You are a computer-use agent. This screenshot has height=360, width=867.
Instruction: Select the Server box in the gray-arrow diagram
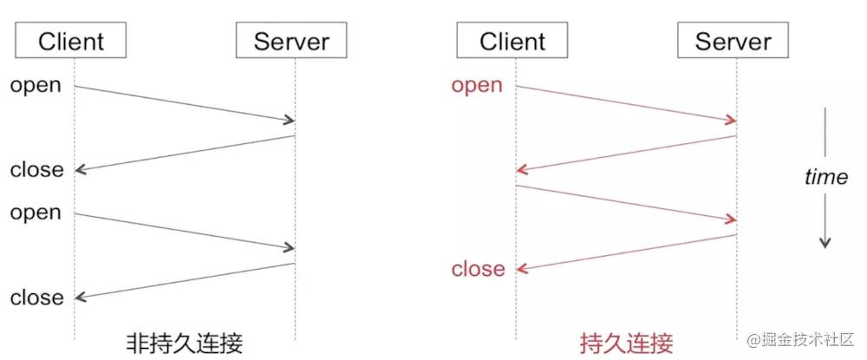[x=291, y=40]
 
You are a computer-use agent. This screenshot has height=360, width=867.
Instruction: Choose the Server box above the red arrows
[x=733, y=40]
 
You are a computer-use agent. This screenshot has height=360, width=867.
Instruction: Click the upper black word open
[x=36, y=85]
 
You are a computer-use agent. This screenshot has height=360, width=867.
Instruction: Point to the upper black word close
[x=37, y=170]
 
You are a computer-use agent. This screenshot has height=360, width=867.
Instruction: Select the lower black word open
[x=36, y=213]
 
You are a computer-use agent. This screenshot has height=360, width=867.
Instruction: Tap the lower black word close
[x=37, y=298]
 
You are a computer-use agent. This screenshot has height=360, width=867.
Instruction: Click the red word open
[x=477, y=85]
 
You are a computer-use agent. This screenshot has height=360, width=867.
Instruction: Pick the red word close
[x=478, y=269]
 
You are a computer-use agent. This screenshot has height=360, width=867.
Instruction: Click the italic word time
[x=826, y=177]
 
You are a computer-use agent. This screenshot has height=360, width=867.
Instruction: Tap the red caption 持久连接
[x=626, y=340]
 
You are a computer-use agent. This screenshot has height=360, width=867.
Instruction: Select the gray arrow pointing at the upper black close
[x=184, y=153]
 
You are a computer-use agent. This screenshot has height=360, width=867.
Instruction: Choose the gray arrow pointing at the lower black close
[x=184, y=281]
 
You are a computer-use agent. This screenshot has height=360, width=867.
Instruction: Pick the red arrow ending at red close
[x=626, y=252]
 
